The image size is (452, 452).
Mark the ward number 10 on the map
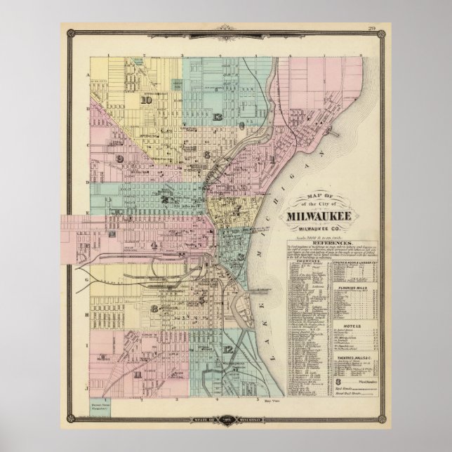tap(146, 100)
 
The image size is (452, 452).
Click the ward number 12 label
tap(228, 349)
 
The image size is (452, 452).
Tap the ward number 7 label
tap(238, 208)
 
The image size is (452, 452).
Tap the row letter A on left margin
tap(88, 74)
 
